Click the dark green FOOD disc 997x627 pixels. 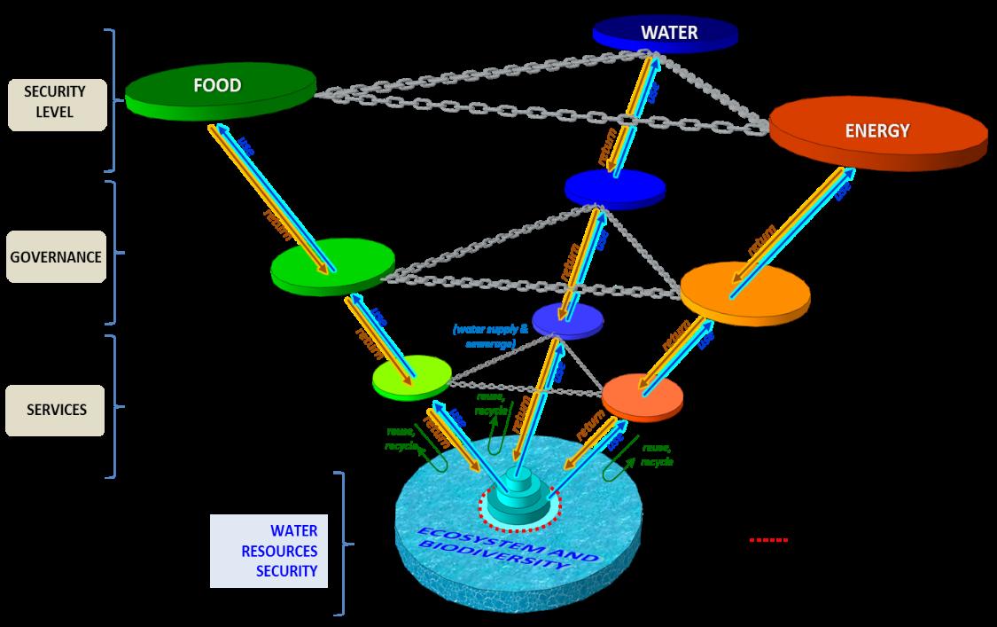click(x=219, y=90)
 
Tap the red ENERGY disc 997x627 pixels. click(x=877, y=133)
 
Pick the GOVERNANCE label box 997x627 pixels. click(x=55, y=256)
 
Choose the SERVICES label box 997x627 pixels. click(x=55, y=410)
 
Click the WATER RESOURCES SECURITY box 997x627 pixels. click(x=269, y=551)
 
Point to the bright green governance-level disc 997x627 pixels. click(x=332, y=264)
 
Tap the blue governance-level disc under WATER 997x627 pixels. click(x=614, y=187)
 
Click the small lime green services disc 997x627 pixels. click(x=410, y=379)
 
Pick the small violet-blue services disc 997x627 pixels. click(x=567, y=319)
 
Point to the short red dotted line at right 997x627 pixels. click(x=768, y=539)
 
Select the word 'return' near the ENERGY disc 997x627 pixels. click(x=761, y=240)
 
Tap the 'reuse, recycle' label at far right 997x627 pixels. click(x=657, y=455)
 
